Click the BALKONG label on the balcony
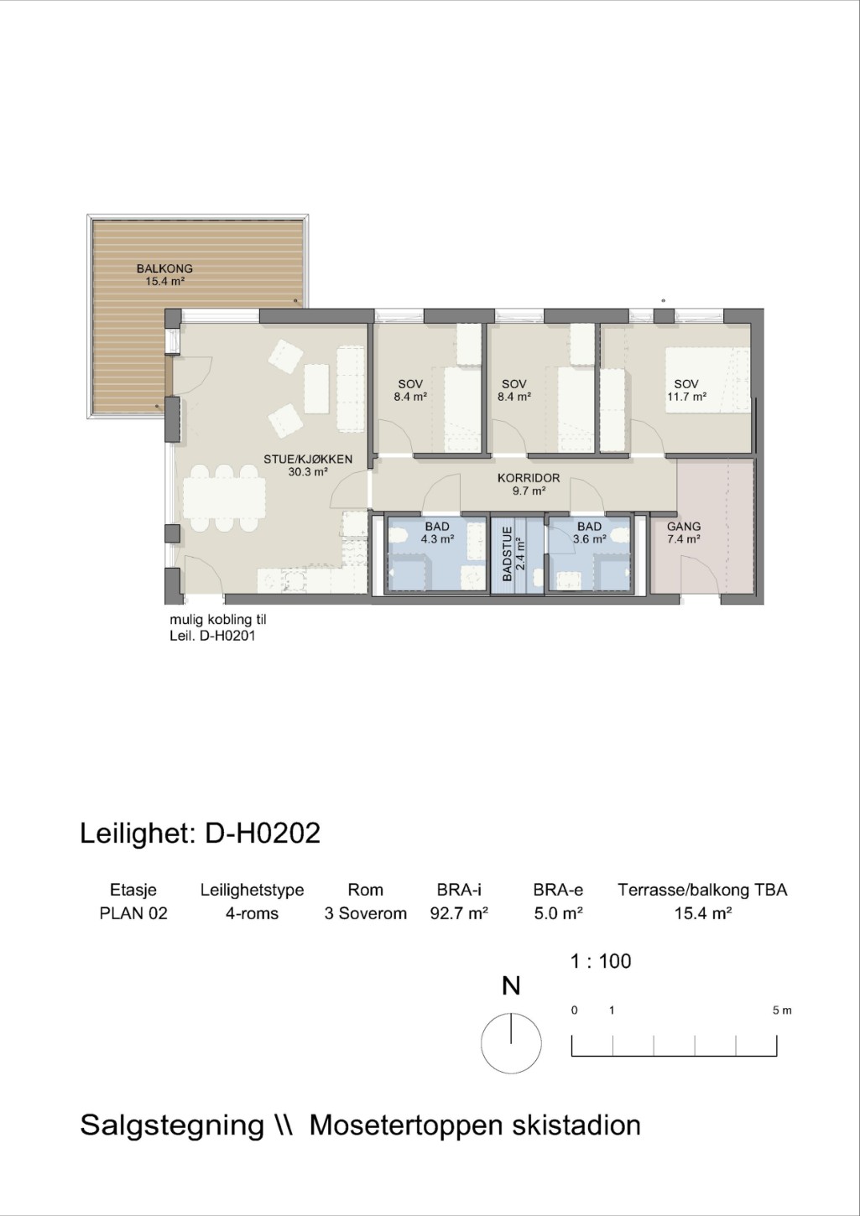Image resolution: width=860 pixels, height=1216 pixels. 164,268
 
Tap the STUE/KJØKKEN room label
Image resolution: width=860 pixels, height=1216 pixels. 308,459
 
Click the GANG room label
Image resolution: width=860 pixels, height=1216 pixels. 684,526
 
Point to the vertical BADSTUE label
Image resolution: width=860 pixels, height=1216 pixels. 508,553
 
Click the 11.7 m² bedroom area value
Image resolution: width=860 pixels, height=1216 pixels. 686,397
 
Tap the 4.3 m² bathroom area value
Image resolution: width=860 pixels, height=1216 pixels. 437,539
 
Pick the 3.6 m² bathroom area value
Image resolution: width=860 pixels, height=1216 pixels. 590,539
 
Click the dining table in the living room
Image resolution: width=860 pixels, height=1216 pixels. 224,497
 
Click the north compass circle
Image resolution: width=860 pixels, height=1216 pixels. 511,1043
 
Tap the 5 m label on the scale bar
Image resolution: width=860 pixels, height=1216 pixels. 782,1011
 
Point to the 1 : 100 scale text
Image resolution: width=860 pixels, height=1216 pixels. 600,961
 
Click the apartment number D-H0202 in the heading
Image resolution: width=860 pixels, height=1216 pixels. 263,833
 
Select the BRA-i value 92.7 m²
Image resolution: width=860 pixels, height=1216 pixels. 459,913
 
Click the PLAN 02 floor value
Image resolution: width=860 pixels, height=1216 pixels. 133,913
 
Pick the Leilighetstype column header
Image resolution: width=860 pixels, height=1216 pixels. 252,891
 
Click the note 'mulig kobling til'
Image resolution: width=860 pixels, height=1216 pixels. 218,620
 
